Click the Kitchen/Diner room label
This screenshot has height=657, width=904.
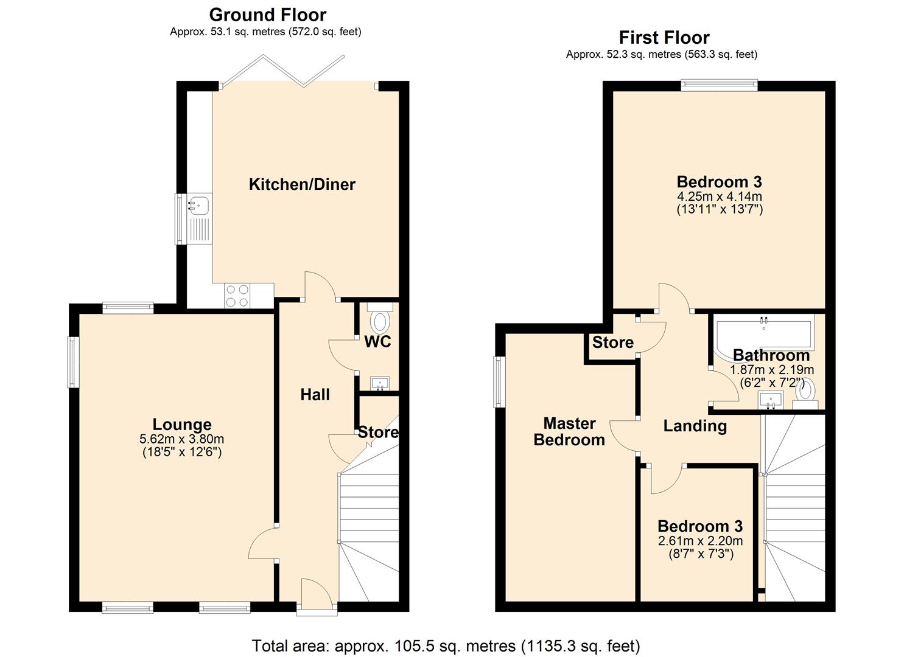click(x=302, y=184)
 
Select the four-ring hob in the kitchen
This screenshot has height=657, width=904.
click(x=237, y=296)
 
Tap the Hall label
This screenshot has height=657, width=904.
click(x=315, y=395)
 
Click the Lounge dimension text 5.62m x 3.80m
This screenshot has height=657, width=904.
click(x=181, y=439)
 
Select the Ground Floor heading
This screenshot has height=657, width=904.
click(x=267, y=15)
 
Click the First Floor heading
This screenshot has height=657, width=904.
click(x=664, y=38)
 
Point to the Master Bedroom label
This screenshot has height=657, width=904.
click(x=569, y=431)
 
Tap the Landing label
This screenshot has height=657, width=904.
click(x=695, y=426)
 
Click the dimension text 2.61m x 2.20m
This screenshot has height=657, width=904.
click(x=700, y=541)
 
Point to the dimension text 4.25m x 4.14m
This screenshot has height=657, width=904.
click(x=720, y=196)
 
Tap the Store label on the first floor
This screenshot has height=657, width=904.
click(x=612, y=342)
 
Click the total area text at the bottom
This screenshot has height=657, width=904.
click(x=446, y=645)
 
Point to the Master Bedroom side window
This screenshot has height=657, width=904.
click(x=499, y=382)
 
